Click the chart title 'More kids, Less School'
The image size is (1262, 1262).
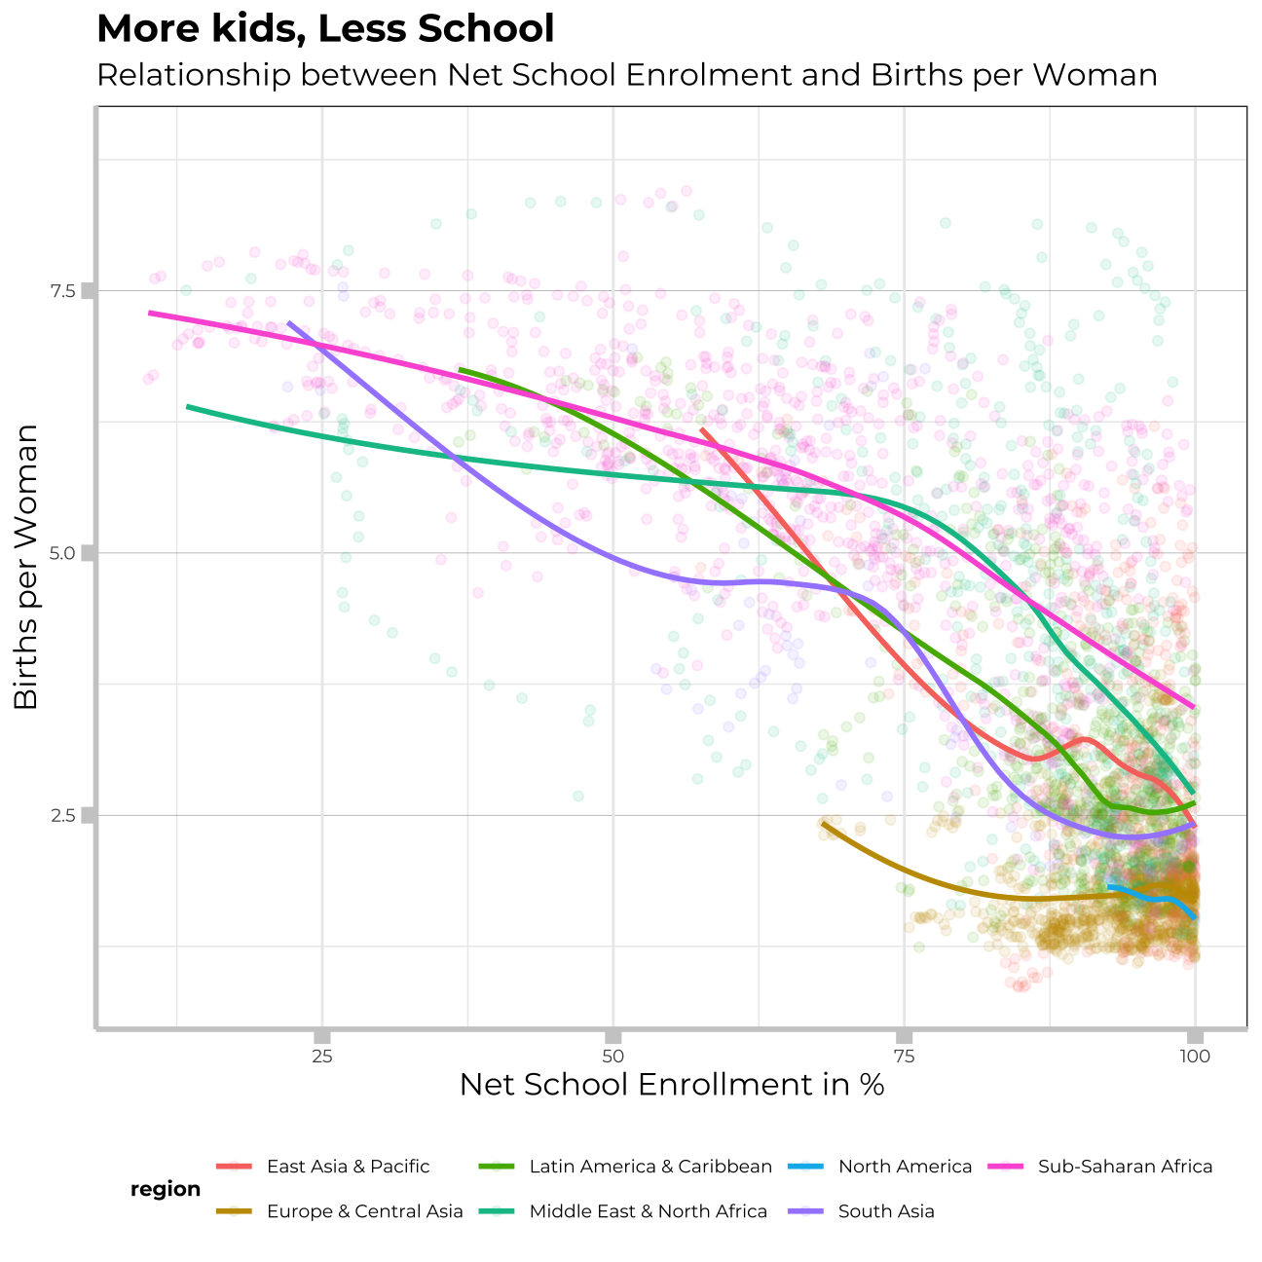tap(325, 29)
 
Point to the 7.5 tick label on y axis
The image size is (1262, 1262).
tap(63, 290)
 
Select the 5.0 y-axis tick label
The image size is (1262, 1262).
tap(63, 553)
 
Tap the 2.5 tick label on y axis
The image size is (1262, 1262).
tap(63, 815)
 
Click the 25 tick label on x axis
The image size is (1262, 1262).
tap(322, 1057)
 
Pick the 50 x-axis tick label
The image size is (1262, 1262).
tap(612, 1057)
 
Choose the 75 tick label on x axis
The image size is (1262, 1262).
tap(904, 1057)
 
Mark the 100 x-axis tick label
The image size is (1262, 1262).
tap(1194, 1057)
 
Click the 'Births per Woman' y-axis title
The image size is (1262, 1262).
tap(26, 567)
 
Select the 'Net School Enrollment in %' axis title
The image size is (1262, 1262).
tap(671, 1085)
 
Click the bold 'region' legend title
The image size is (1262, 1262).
tap(166, 1189)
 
